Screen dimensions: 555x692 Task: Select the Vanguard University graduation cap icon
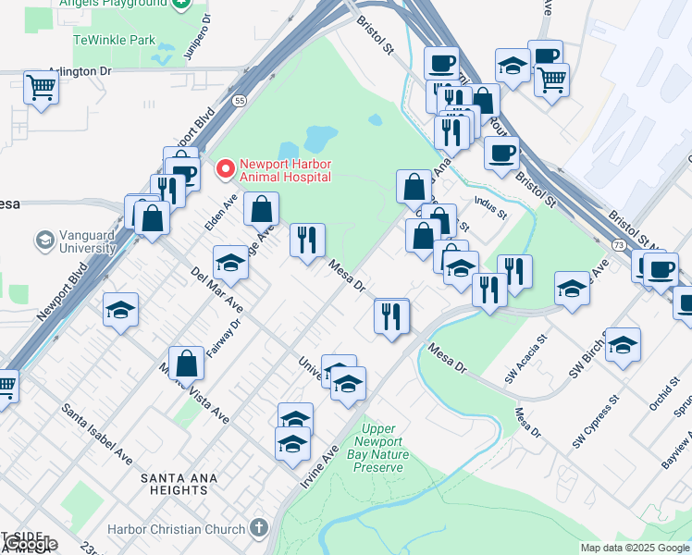(x=43, y=241)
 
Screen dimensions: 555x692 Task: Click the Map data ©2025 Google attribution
(x=636, y=548)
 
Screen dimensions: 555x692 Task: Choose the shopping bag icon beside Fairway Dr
(x=187, y=363)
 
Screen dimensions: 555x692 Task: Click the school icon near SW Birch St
(x=623, y=344)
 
